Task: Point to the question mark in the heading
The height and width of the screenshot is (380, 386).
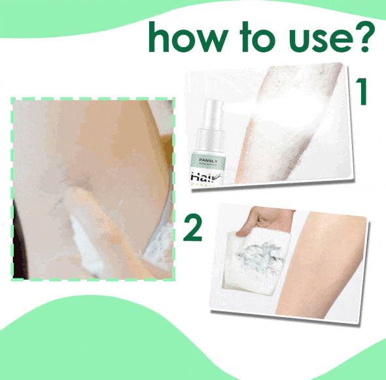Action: click(367, 36)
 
